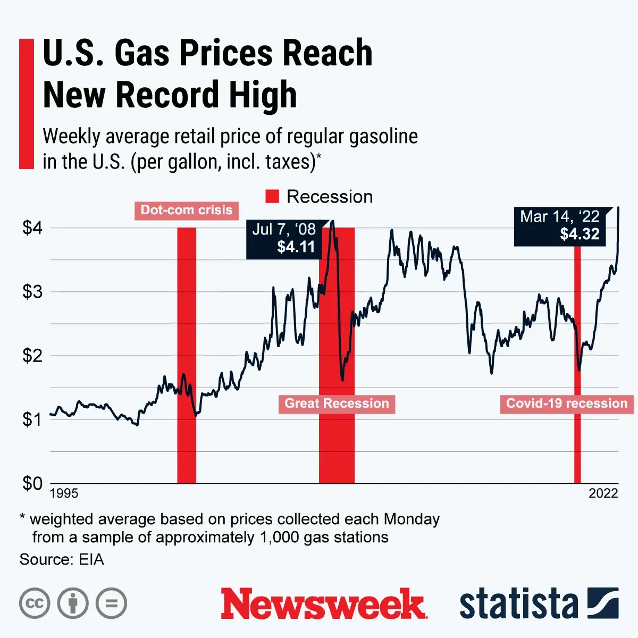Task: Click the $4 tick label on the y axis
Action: [x=32, y=228]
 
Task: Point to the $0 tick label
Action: [x=32, y=483]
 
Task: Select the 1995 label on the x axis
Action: [x=64, y=493]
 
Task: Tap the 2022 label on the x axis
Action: [x=603, y=493]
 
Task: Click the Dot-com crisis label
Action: [x=186, y=210]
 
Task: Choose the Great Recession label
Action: [x=337, y=404]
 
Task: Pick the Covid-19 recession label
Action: [x=567, y=404]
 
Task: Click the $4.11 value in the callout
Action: [x=296, y=247]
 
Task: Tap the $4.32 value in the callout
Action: [x=580, y=234]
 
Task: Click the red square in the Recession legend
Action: [x=272, y=197]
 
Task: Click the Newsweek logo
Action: [x=324, y=603]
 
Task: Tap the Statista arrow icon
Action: [x=603, y=603]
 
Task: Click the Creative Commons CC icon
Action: [x=35, y=603]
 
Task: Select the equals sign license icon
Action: [x=112, y=603]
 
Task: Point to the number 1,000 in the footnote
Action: [x=280, y=537]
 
